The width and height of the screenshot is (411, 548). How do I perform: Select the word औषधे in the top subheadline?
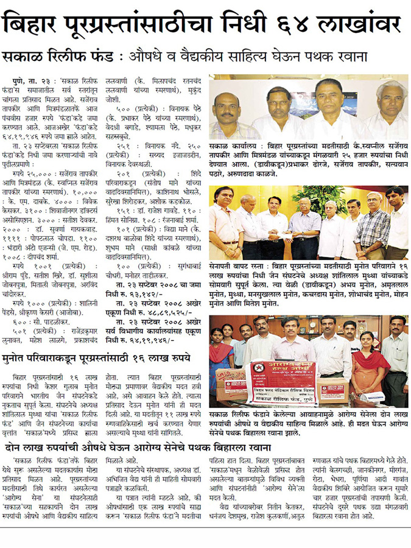[x=150, y=57]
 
